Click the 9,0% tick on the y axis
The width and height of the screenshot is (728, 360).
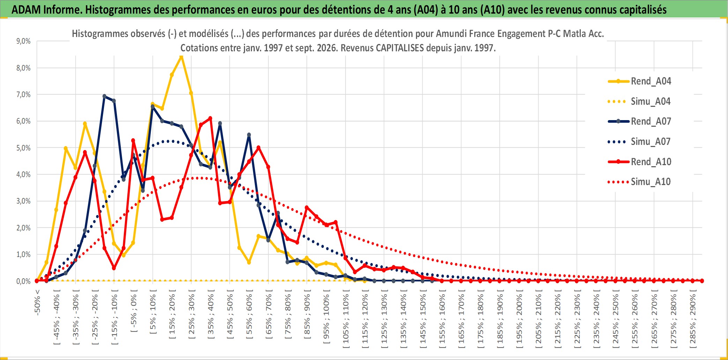[23, 41]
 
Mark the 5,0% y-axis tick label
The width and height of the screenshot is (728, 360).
[23, 148]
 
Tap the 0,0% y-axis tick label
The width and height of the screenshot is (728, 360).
[23, 281]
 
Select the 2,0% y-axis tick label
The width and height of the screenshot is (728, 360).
[23, 228]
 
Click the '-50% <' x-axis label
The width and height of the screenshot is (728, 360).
[37, 302]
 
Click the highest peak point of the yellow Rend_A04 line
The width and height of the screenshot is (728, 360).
[181, 57]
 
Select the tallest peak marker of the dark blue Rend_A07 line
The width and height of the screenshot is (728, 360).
[104, 96]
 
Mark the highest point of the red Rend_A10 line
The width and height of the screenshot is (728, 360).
[210, 118]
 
